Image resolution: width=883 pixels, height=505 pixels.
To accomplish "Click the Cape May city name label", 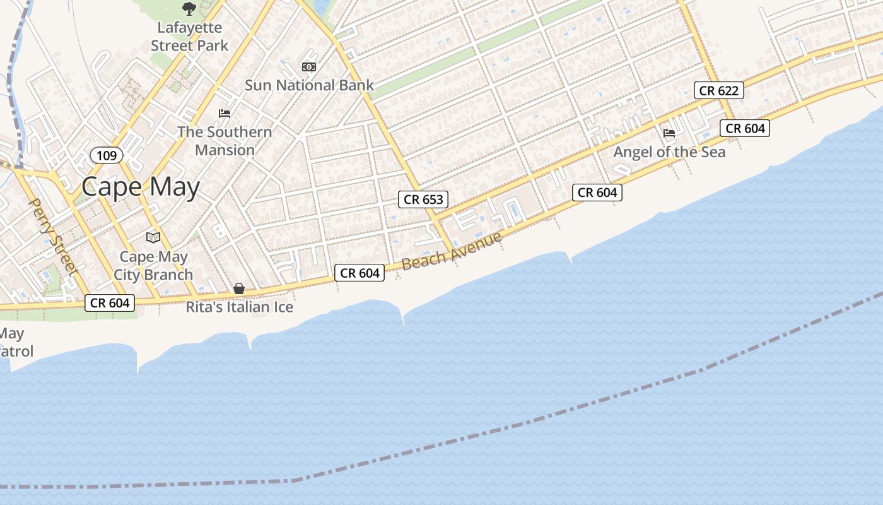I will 141,187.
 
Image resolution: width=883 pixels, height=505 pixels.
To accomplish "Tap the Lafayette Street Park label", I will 189,37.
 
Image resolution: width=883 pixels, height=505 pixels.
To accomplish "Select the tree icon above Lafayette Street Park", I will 189,9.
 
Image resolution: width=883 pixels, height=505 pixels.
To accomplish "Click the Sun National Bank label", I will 309,85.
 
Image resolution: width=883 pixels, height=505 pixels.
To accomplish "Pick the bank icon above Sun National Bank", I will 309,66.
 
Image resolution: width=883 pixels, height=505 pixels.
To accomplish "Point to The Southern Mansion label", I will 225,141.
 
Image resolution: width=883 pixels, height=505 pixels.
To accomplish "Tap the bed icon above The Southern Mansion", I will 225,114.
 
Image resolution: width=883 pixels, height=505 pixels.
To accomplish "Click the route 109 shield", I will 107,155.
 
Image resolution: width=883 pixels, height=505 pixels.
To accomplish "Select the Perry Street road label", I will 54,237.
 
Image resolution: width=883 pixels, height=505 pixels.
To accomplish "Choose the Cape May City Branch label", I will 153,266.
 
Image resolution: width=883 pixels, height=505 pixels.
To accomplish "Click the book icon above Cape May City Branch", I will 153,237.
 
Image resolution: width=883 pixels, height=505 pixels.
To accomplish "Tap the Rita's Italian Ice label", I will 240,307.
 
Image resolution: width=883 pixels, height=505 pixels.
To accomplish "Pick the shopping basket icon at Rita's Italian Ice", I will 239,288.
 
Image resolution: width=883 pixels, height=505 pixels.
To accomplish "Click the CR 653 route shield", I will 423,199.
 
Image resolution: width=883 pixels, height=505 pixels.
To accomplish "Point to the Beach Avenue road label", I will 452,251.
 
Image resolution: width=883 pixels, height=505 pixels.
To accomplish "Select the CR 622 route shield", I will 719,90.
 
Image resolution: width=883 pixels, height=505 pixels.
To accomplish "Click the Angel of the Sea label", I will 669,152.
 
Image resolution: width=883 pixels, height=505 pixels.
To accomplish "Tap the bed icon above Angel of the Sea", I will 669,133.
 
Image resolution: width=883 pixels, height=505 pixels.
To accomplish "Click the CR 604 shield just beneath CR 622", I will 745,128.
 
